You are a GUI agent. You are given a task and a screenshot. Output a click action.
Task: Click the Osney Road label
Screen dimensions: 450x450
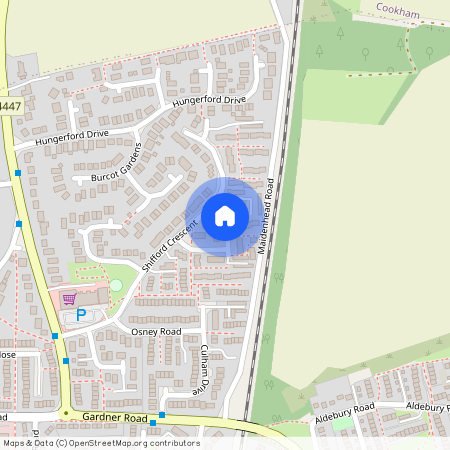[156, 331]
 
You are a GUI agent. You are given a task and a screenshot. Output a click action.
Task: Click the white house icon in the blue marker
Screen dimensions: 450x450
[225, 216]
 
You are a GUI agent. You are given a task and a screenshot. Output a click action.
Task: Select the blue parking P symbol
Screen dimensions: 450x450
[81, 315]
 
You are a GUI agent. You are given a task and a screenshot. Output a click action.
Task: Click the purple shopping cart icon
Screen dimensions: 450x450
[69, 298]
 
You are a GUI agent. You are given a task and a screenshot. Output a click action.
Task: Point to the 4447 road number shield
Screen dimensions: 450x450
[10, 105]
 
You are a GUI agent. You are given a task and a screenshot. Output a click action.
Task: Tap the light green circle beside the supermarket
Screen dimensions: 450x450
[116, 286]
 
